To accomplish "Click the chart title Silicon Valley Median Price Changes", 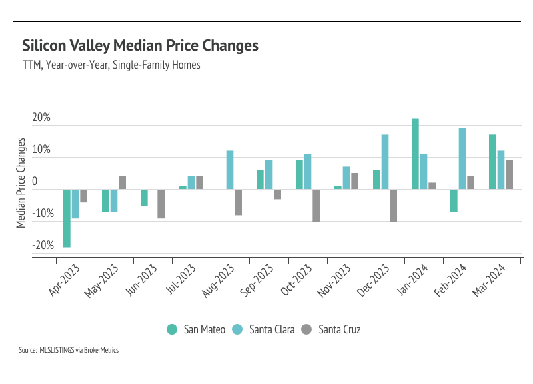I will coord(140,46).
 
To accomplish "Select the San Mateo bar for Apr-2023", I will coord(67,218).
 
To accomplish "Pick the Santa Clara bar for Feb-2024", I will coord(462,158).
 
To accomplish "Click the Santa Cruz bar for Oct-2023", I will coord(316,205).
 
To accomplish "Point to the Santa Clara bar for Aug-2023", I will coord(230,170).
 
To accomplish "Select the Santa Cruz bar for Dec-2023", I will coord(394,205).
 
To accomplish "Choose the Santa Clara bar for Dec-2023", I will coord(385,162).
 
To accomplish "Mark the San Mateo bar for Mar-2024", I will coord(492,162).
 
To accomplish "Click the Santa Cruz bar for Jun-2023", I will coord(161,204).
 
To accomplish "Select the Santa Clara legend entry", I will coord(264,329).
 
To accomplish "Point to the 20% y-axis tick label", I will coord(41,118).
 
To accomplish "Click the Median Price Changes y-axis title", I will coord(21,184).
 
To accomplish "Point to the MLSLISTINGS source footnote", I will coord(69,349).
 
